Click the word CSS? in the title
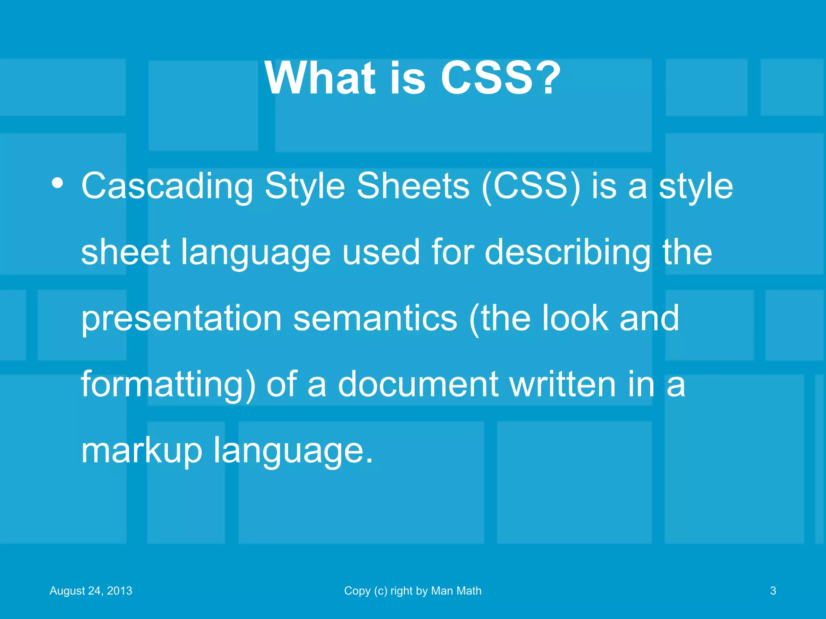(500, 79)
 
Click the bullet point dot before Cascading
(57, 183)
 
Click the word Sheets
(413, 186)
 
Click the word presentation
(181, 319)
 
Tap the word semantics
(375, 319)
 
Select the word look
(575, 318)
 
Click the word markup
(141, 451)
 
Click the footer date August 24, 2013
(91, 591)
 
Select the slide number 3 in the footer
(773, 591)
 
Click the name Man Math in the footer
(456, 591)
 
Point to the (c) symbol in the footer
(380, 591)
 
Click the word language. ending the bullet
(293, 451)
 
